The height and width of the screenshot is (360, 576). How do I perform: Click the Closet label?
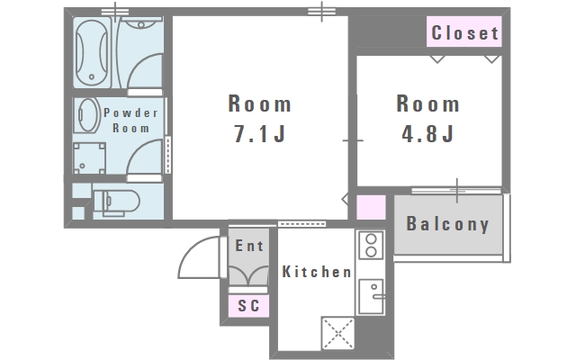[464, 32]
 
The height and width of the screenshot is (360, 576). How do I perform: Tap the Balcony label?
[448, 224]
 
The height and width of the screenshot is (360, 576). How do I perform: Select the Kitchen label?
[317, 272]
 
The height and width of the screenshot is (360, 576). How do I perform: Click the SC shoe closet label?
[248, 306]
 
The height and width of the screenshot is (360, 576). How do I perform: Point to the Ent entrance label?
[249, 246]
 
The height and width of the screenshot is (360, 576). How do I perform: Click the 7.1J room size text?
[260, 133]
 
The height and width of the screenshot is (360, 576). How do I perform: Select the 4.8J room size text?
[428, 133]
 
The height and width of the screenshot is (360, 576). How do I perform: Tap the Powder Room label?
[130, 120]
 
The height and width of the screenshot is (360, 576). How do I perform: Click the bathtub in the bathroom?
[92, 52]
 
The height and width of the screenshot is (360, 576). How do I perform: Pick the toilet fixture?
[116, 202]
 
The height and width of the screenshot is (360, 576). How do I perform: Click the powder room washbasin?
[87, 115]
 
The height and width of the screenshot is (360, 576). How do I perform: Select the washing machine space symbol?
[89, 158]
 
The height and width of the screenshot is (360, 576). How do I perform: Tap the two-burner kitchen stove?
[371, 245]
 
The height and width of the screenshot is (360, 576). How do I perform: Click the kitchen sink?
[371, 296]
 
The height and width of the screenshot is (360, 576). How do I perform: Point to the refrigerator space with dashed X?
[338, 333]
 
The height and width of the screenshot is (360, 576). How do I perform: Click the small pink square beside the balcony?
[371, 207]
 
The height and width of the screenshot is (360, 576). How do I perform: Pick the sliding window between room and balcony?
[456, 190]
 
